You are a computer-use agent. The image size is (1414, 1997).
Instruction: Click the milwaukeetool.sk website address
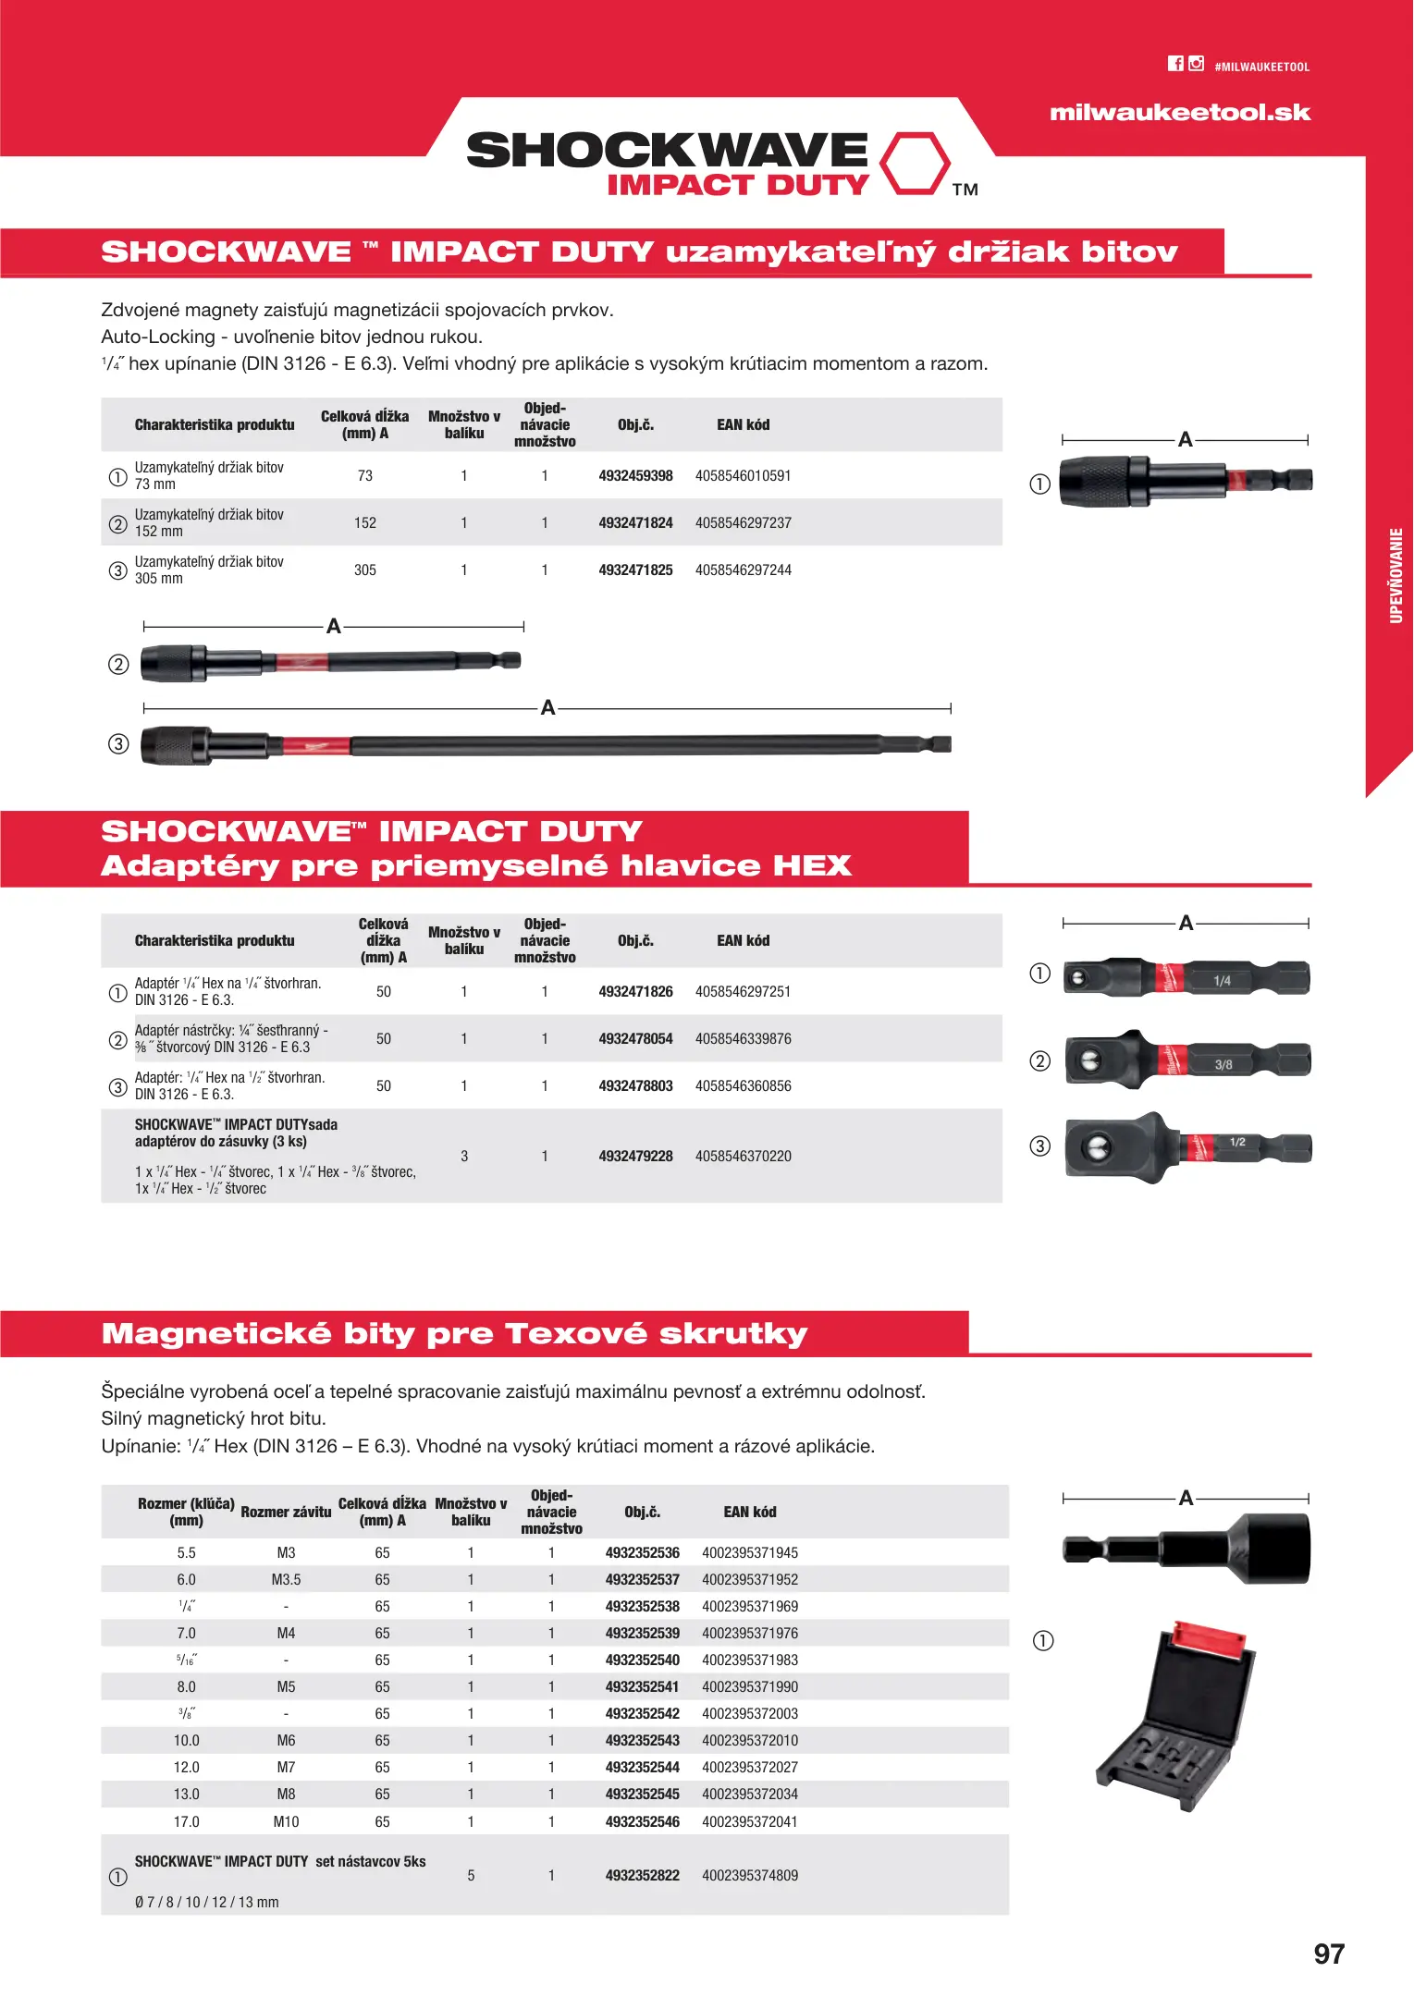point(1179,113)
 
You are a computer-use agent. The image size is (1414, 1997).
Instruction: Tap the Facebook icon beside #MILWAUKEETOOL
point(1175,64)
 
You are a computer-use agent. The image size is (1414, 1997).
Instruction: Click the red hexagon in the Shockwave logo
point(914,164)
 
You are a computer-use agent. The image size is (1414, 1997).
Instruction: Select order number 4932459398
point(635,476)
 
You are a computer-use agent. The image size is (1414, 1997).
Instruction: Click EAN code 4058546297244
point(743,570)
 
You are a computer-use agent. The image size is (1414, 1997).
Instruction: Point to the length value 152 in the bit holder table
point(365,523)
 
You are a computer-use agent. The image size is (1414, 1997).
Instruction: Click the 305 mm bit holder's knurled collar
point(175,745)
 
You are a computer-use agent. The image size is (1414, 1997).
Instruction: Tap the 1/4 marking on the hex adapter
point(1222,981)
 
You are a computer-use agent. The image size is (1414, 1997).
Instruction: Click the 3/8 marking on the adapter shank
point(1223,1065)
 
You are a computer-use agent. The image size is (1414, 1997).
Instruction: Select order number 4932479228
point(635,1157)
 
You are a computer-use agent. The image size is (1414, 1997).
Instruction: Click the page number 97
point(1329,1954)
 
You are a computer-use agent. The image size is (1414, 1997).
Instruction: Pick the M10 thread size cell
point(286,1821)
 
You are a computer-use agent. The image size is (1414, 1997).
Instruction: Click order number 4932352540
point(642,1660)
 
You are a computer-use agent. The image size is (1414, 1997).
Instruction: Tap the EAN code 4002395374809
point(749,1876)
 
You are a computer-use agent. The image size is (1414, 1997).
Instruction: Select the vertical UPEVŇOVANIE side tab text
point(1396,575)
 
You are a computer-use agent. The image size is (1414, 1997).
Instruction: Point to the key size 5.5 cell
point(187,1553)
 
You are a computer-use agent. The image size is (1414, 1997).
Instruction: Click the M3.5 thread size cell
point(286,1580)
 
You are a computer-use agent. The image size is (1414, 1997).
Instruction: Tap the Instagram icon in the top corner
point(1196,64)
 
